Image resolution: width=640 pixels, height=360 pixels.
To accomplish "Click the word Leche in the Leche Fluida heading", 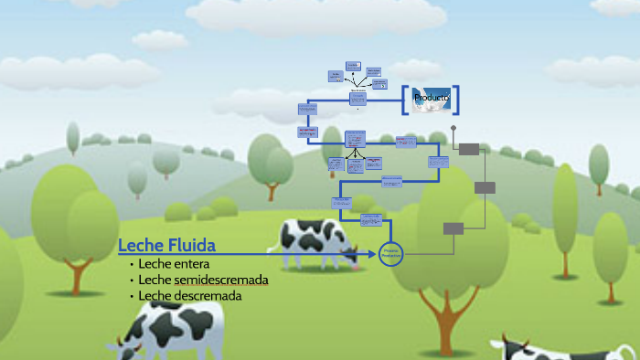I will coord(139,245).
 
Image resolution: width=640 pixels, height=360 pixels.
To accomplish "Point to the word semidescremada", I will coord(220,280).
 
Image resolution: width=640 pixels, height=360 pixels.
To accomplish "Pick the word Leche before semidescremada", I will coord(155,280).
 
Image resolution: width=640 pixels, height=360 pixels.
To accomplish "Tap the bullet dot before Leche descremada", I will coord(132,297).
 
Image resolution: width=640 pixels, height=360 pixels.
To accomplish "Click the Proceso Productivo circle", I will coord(391,255).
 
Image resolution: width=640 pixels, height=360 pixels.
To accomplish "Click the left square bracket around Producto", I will coord(405,99).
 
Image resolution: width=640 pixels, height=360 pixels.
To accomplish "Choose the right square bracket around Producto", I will coord(454,99).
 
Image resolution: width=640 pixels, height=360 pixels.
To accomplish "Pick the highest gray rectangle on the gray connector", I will coord(468,149).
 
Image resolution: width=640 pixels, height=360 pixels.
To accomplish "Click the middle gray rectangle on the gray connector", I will coord(485,187).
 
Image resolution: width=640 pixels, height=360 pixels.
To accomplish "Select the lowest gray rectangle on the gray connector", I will coord(453,228).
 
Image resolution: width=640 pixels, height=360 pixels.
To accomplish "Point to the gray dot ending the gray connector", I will coord(453,129).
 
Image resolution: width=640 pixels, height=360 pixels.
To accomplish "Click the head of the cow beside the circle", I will coord(349,253).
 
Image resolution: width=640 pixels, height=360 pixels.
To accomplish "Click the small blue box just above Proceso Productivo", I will coord(370,220).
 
